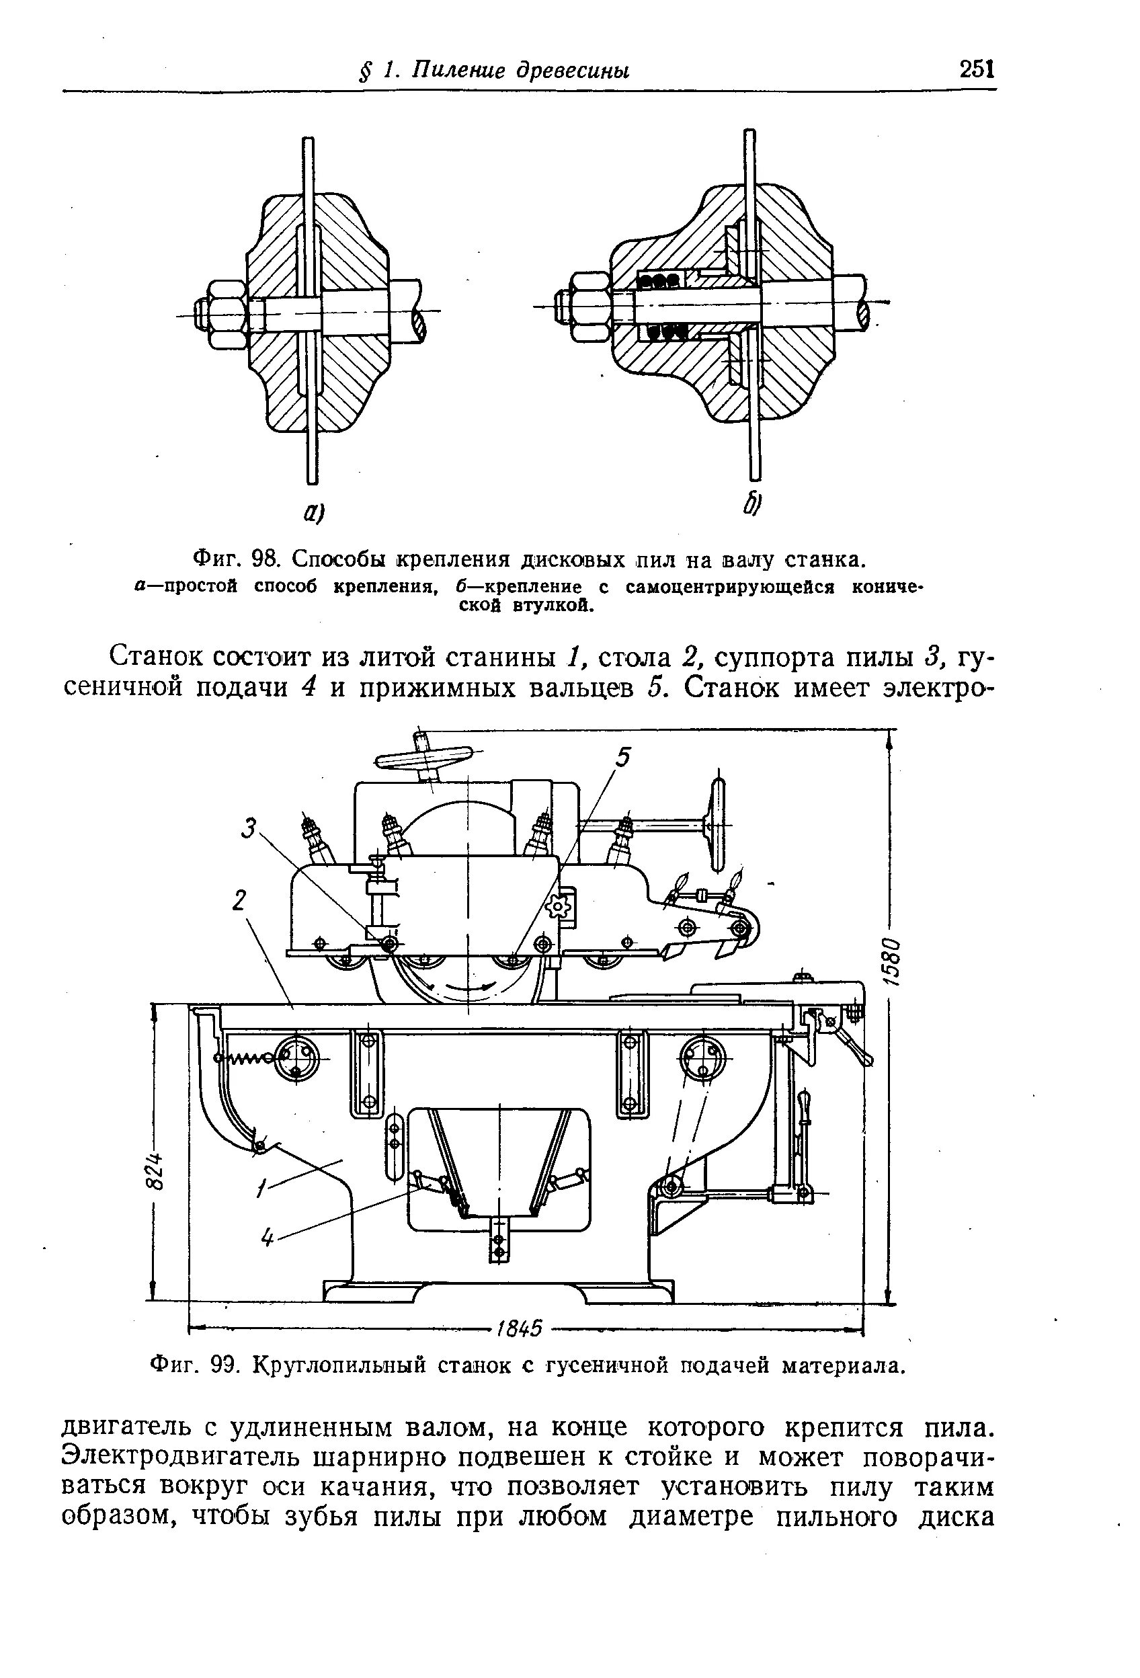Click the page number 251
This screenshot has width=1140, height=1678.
click(x=977, y=70)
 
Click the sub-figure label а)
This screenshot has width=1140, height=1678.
click(x=313, y=514)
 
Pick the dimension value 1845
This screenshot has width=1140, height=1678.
click(x=519, y=1328)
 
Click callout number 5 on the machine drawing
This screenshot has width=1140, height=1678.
click(x=622, y=758)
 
